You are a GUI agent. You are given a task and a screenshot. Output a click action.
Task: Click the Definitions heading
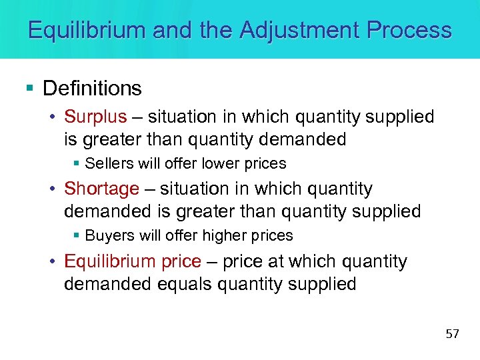click(92, 88)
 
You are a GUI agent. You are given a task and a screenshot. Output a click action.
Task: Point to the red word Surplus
click(95, 117)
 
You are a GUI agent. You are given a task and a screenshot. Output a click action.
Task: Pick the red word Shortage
click(101, 189)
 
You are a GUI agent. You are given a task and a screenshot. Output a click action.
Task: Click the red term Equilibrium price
click(132, 261)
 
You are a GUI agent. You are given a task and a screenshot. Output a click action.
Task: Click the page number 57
click(453, 333)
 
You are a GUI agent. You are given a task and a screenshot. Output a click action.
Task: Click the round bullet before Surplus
click(53, 118)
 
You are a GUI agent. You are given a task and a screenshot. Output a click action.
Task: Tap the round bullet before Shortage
click(53, 190)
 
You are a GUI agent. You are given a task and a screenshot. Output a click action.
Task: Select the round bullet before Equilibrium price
click(53, 262)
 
